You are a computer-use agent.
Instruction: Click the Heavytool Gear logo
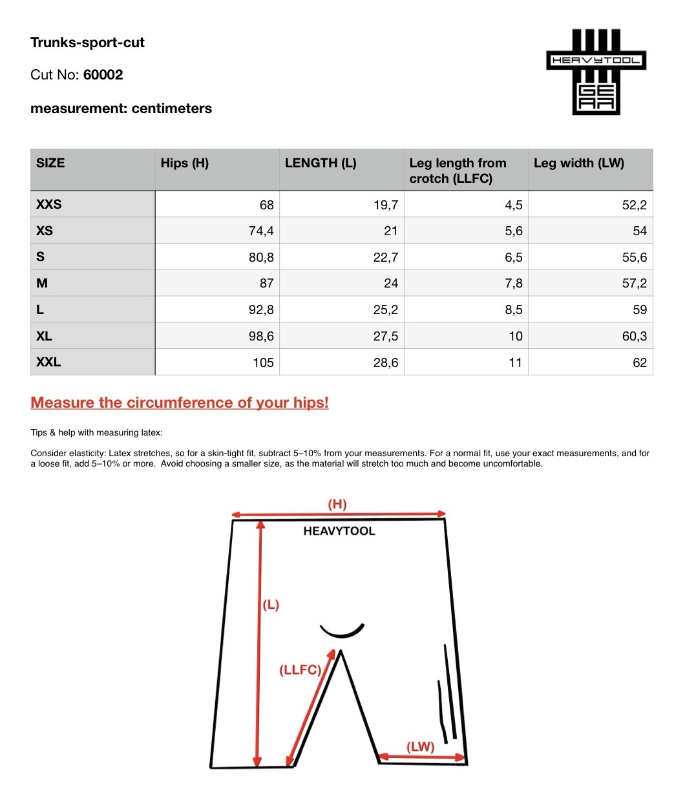point(596,72)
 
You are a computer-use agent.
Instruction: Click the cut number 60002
point(103,75)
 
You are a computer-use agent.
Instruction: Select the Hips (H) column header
point(185,163)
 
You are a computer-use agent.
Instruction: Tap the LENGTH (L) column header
point(321,163)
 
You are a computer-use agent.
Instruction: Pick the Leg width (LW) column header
point(578,163)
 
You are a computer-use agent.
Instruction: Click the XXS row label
point(49,205)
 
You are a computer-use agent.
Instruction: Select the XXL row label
point(48,362)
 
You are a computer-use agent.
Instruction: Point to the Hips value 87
point(266,284)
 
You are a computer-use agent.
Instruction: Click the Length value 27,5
point(385,337)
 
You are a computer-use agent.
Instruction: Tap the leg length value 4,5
point(513,205)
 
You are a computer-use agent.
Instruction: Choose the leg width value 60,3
point(634,337)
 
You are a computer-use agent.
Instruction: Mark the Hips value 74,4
point(261,231)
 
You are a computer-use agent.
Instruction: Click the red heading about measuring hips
point(180,403)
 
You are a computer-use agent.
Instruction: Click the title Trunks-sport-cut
point(87,43)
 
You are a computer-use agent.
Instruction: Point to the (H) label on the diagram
point(337,504)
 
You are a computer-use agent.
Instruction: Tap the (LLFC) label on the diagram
point(300,670)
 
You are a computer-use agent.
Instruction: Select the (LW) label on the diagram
point(420,747)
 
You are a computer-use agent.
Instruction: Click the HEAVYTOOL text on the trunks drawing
point(339,531)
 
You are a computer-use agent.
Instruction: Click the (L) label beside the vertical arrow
point(271,605)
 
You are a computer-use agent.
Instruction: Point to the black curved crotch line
point(342,631)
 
